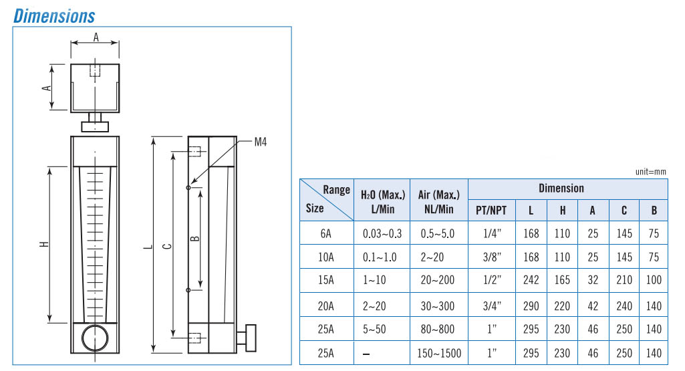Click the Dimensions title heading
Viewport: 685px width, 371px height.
[54, 16]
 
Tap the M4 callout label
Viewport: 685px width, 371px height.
[261, 142]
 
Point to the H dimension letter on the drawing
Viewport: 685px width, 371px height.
[44, 244]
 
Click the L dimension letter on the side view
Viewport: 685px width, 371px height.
[148, 247]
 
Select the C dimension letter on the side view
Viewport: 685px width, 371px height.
[166, 247]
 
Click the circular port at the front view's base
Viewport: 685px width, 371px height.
[95, 338]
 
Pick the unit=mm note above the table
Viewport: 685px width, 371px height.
[650, 172]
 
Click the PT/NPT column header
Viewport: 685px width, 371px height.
[491, 211]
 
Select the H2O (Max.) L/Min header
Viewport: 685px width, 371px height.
[383, 202]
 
